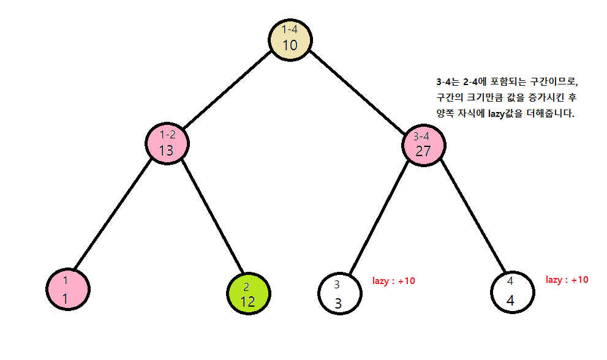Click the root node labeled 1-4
click(290, 39)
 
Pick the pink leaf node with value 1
click(68, 290)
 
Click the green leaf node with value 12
click(247, 293)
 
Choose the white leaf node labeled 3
click(339, 293)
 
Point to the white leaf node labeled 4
click(511, 292)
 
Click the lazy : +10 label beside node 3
click(393, 281)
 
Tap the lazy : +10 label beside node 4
click(567, 280)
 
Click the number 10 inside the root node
click(290, 45)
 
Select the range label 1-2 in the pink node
click(167, 135)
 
